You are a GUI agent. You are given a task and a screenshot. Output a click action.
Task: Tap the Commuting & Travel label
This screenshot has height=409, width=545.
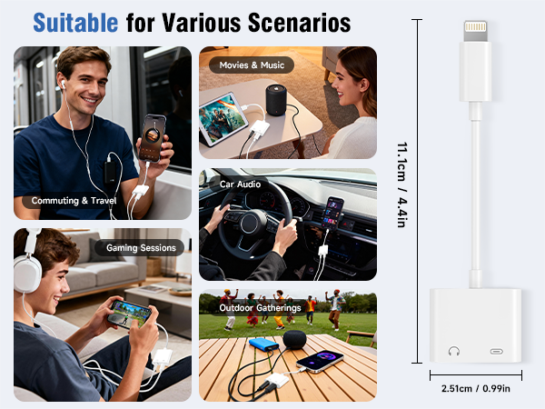tap(74, 200)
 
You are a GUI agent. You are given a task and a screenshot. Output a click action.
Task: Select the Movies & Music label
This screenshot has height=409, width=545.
tap(252, 65)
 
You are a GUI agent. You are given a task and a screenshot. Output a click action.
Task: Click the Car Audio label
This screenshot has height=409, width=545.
tap(240, 184)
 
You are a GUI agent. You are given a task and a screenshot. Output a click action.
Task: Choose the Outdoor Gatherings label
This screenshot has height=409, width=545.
tap(260, 308)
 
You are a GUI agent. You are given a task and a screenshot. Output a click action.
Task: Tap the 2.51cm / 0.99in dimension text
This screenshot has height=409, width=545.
tap(476, 389)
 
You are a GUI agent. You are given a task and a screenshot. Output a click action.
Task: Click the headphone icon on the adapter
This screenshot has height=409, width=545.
tap(453, 350)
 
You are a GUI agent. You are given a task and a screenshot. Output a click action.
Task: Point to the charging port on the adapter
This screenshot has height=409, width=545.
tap(497, 350)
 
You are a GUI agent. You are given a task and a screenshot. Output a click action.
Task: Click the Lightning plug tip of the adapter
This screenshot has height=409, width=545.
tap(475, 30)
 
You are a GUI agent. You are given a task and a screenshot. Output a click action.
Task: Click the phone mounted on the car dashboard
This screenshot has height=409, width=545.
tap(333, 214)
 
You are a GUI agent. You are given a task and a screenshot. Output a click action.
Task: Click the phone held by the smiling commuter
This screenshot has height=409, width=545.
tap(154, 135)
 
